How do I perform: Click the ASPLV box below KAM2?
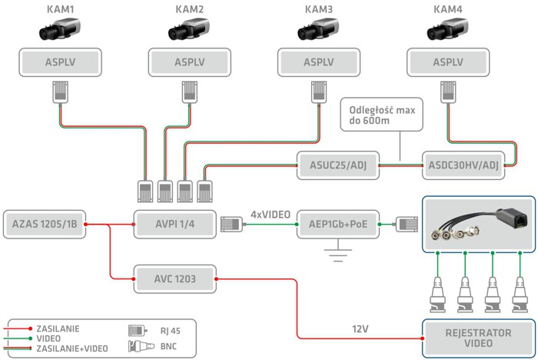click(x=189, y=62)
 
